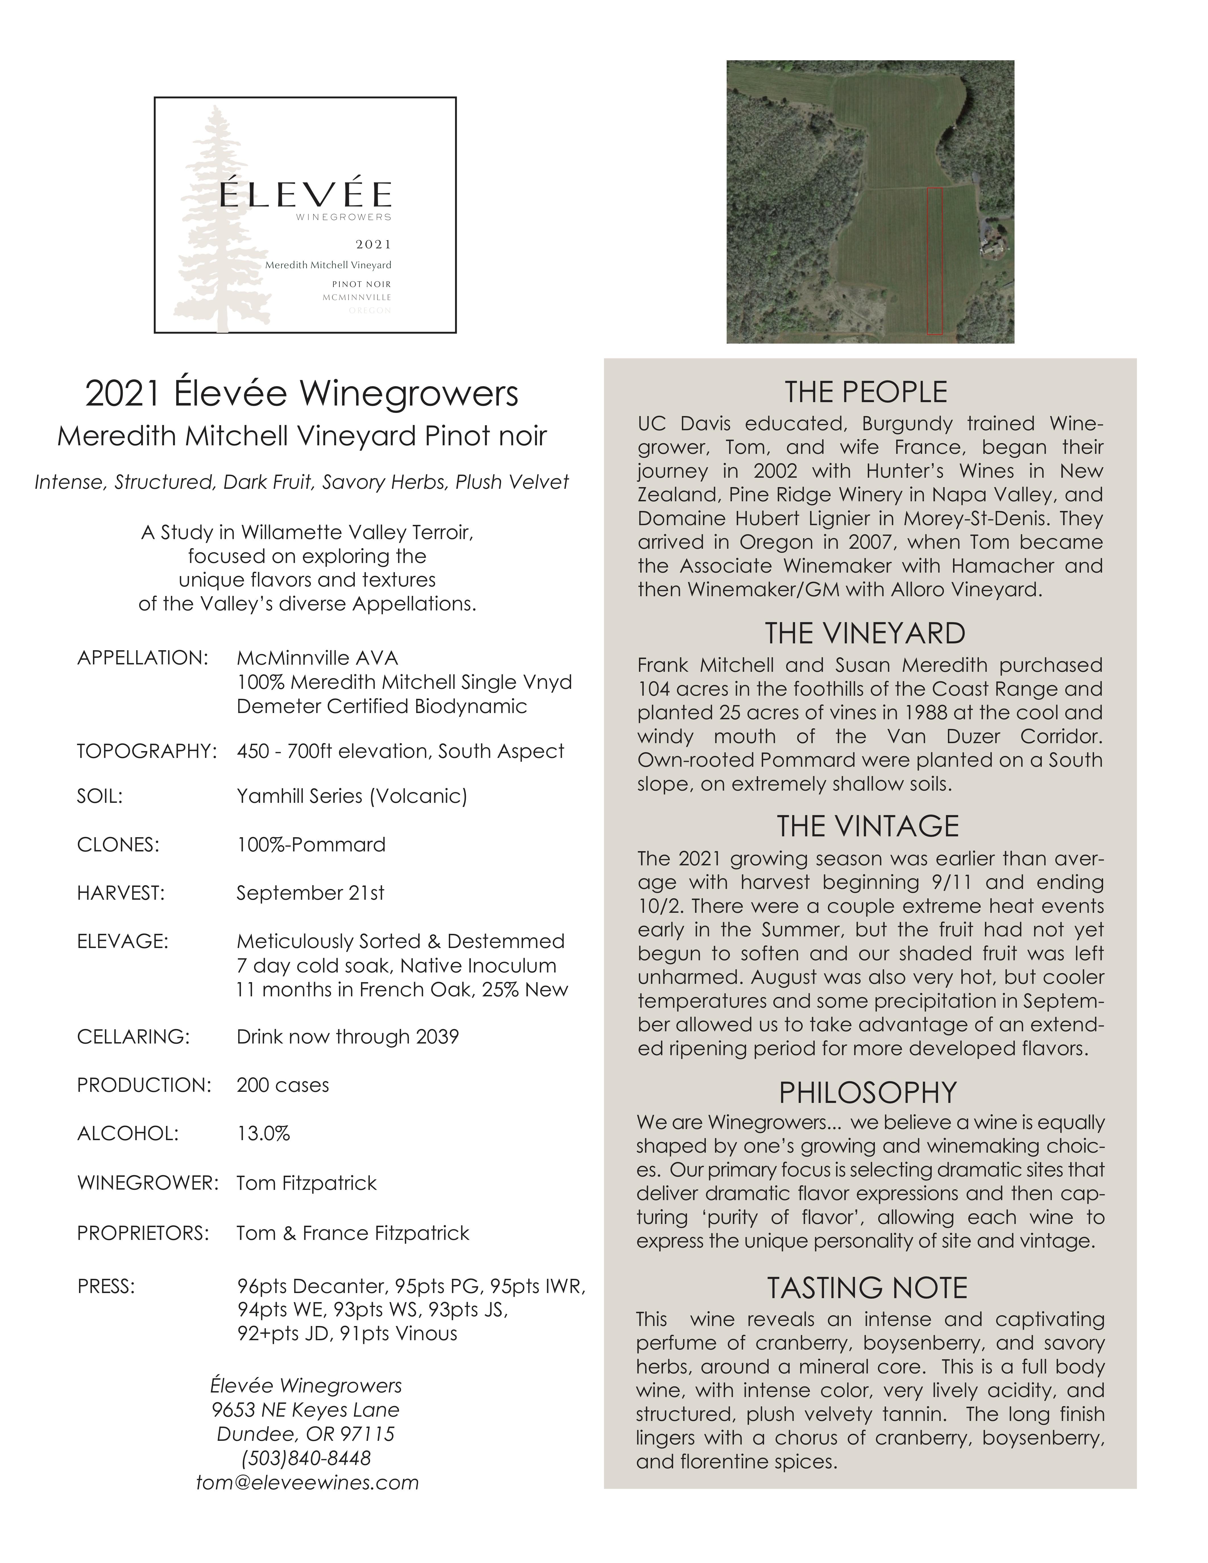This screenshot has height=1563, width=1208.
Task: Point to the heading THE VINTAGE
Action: pos(867,826)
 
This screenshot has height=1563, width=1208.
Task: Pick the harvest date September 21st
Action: pos(310,893)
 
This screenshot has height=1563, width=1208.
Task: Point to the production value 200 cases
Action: pos(283,1085)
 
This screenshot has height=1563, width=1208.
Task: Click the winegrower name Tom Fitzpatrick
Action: pos(306,1183)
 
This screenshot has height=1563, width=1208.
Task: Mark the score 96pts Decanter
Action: pos(314,1286)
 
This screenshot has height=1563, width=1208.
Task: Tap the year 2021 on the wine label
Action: pos(373,245)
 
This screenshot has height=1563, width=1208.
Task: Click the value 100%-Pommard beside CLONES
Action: pos(311,845)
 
